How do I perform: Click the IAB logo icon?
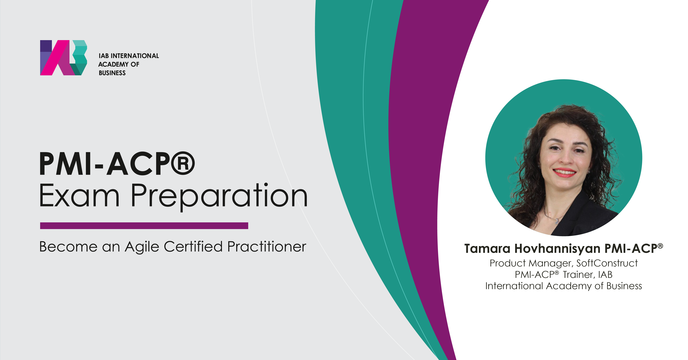click(x=64, y=58)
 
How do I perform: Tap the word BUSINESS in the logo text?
click(x=112, y=73)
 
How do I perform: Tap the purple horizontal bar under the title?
click(x=144, y=226)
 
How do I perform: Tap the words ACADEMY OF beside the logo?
click(x=119, y=64)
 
